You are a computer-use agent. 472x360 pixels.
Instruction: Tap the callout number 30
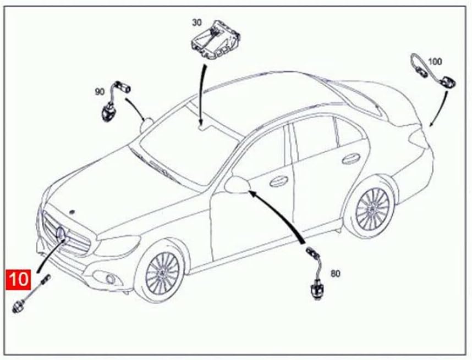(x=197, y=23)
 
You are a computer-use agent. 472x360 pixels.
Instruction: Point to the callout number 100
(x=435, y=62)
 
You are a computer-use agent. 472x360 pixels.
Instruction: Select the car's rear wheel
(x=372, y=208)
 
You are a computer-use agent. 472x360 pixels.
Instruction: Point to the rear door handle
(x=348, y=159)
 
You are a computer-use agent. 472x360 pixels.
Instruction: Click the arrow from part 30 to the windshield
(x=201, y=93)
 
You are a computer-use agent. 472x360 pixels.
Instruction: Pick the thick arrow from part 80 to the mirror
(x=281, y=214)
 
